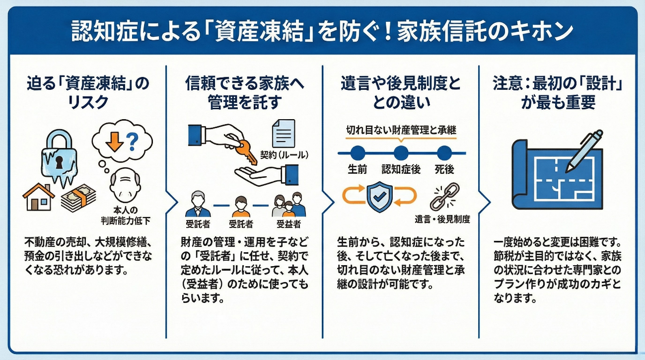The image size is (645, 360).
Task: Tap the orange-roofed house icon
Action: [39, 197]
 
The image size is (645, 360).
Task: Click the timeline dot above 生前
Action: [358, 152]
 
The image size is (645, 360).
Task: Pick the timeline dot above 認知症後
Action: [401, 152]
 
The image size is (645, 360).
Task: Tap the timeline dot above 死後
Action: [444, 152]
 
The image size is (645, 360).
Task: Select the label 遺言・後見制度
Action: [442, 219]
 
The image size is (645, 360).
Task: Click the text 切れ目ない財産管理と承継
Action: [401, 130]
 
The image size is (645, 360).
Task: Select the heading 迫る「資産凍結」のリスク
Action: [87, 92]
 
